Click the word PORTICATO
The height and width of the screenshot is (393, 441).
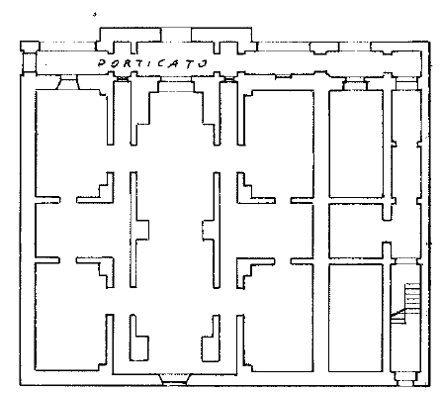pos(152,63)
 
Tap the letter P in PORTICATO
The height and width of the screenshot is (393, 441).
pos(102,62)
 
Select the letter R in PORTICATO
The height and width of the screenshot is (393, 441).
pos(127,63)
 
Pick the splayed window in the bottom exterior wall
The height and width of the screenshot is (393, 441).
pos(175,379)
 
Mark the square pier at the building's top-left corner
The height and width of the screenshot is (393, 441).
pos(30,47)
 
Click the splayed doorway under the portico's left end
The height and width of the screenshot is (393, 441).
pos(68,82)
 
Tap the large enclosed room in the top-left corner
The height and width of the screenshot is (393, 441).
pos(71,142)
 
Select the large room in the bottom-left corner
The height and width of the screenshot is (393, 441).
pos(70,317)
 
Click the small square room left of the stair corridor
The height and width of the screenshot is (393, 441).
pos(356,231)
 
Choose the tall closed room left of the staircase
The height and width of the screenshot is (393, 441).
pos(356,318)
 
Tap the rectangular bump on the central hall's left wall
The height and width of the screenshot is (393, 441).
pos(142,230)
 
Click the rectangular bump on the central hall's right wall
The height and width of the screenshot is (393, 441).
pos(209,231)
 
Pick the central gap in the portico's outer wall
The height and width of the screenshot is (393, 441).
pos(176,35)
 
